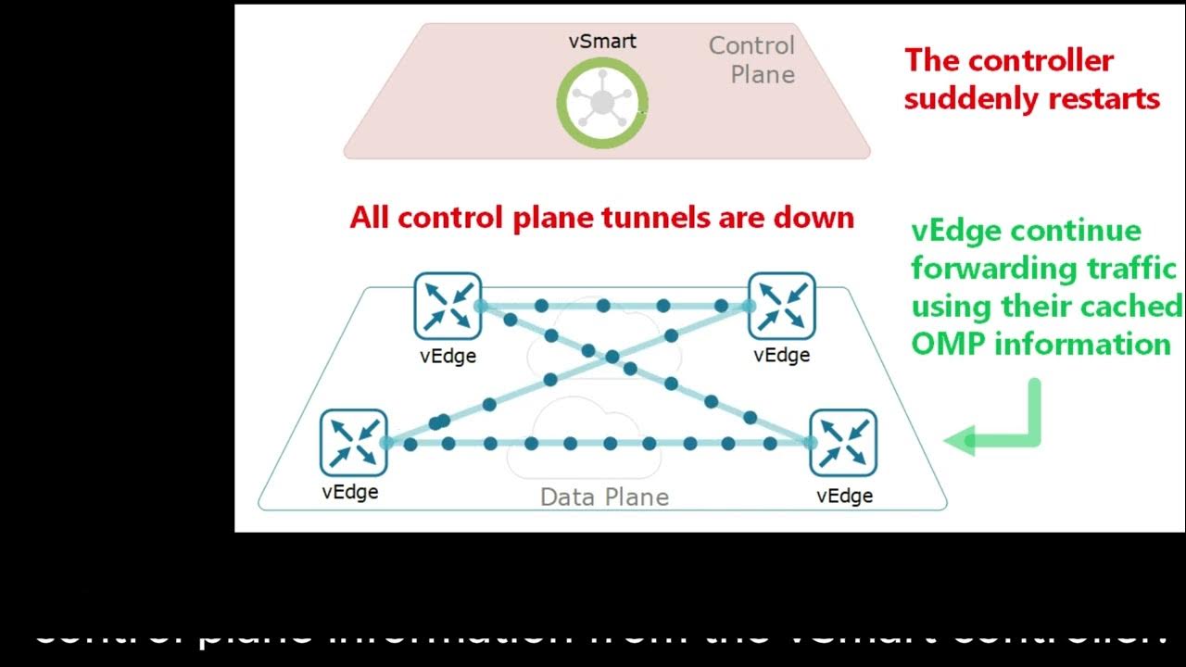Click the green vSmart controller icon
coord(602,102)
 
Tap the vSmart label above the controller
coord(602,42)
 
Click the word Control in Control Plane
coord(751,45)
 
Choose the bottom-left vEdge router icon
coord(353,442)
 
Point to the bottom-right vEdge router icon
coord(843,442)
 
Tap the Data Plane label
coord(604,497)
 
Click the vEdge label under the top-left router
coord(448,356)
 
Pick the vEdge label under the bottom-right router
coord(844,496)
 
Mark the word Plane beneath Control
coord(763,75)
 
